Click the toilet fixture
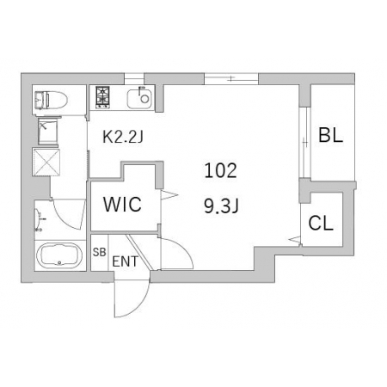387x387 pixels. tap(51, 100)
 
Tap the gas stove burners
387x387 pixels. tap(102, 97)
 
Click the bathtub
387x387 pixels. tap(59, 255)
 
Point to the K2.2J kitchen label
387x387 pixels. tap(123, 138)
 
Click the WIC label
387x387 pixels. tap(122, 205)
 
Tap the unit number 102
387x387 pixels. tap(221, 170)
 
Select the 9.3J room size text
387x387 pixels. tap(221, 206)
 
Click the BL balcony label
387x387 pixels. tap(331, 135)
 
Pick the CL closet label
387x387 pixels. tap(321, 223)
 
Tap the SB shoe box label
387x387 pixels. tap(99, 252)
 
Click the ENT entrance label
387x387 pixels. tap(125, 261)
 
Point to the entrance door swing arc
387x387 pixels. tap(140, 304)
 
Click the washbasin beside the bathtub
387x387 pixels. tap(38, 220)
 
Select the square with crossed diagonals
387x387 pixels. tap(46, 163)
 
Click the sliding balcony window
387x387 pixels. tap(305, 143)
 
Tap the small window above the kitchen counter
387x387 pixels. tap(134, 78)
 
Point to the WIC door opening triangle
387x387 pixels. tap(169, 194)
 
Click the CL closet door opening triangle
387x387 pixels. tap(295, 239)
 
